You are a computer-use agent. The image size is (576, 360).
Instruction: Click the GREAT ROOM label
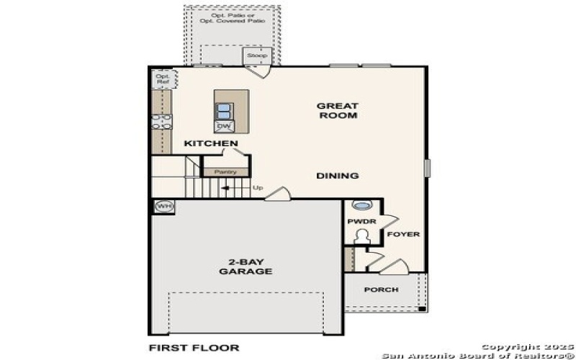[x=338, y=110]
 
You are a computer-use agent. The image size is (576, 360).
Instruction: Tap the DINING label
[x=338, y=176]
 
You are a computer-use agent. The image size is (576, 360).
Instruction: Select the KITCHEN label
[x=211, y=144]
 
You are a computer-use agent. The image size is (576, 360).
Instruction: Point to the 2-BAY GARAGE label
[x=246, y=266]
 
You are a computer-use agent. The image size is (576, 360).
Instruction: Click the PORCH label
[x=381, y=290]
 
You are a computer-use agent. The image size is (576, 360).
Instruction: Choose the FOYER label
[x=403, y=235]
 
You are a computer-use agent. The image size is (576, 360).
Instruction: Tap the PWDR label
[x=358, y=222]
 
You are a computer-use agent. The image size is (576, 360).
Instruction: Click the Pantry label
[x=225, y=172]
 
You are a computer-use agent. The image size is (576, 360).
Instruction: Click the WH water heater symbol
[x=163, y=207]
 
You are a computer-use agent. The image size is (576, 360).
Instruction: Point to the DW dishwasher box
[x=224, y=127]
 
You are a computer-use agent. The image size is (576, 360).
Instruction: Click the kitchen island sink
[x=224, y=111]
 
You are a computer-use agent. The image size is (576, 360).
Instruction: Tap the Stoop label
[x=257, y=55]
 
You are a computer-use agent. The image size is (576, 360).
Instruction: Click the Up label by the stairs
[x=257, y=189]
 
